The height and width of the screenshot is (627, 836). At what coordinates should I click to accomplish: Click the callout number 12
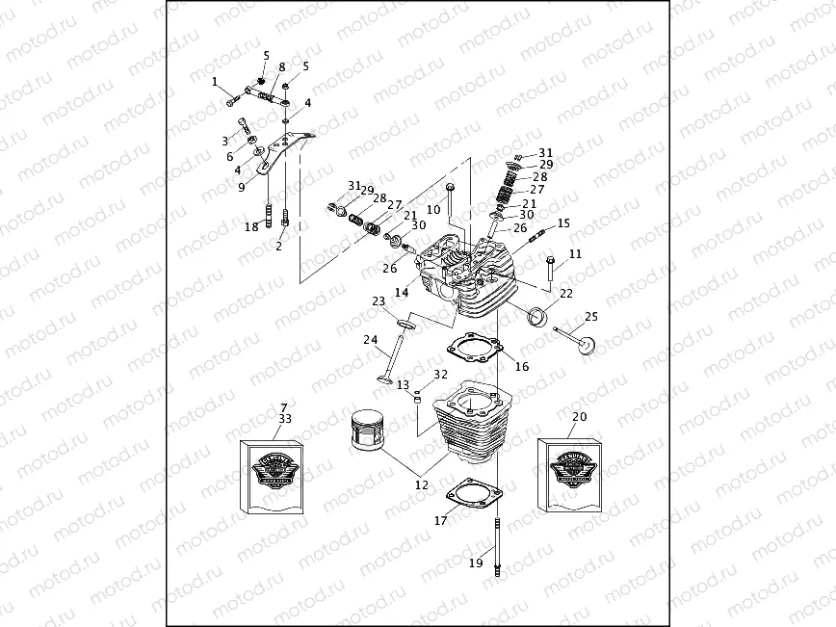coord(421,485)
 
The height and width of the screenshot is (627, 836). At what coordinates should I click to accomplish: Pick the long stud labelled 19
coord(498,544)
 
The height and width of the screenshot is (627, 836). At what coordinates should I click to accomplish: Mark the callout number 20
coord(579,417)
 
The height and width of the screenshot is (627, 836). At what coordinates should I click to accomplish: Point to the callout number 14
coord(401,292)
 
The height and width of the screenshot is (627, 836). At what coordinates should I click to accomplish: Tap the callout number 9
coord(242,189)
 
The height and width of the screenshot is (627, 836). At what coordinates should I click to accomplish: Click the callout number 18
coord(251,226)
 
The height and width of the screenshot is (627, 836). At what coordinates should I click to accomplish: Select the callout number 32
coord(441,375)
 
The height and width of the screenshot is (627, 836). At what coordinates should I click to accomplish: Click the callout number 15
coord(563,222)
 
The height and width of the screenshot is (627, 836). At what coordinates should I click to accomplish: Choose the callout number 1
coord(215,82)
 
